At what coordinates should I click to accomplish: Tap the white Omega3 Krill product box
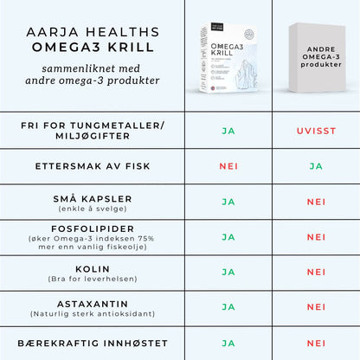228,55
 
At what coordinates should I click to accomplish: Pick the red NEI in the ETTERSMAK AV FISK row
229,165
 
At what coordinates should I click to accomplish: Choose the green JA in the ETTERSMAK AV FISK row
316,165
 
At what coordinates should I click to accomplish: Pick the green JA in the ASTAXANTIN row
229,307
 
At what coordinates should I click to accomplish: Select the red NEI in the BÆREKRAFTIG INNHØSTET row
316,343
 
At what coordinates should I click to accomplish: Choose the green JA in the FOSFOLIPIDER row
229,236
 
